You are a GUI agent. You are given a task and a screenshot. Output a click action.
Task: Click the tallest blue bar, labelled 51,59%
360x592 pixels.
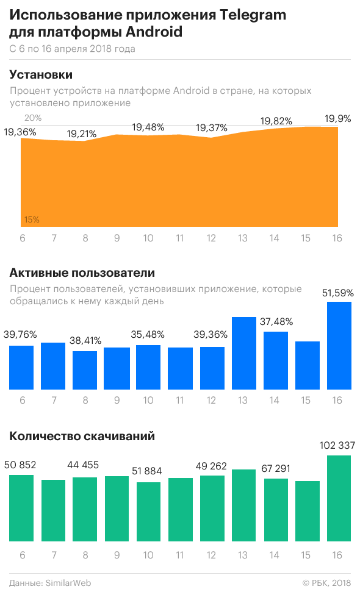coord(339,345)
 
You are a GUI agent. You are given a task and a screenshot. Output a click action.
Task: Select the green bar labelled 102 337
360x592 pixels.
coord(339,498)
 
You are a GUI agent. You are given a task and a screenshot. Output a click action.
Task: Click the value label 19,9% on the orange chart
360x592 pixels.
coord(339,118)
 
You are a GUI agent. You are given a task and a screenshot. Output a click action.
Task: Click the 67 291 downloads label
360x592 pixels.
coord(276,468)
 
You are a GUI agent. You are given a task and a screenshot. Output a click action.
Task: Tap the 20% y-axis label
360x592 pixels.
coord(34,118)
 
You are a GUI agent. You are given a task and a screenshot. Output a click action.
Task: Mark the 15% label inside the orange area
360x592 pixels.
coord(32,219)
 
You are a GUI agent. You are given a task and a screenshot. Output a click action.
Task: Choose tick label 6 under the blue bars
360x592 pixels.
coord(22,401)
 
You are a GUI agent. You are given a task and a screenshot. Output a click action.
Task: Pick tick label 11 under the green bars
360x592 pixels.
coord(180,555)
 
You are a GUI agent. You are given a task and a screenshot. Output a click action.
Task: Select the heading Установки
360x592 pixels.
coord(41,74)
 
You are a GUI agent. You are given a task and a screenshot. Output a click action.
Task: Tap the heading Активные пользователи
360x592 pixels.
coord(82,273)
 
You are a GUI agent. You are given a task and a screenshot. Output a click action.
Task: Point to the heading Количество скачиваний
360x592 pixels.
coord(82,436)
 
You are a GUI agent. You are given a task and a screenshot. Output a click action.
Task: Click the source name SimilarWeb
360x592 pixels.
coord(68,582)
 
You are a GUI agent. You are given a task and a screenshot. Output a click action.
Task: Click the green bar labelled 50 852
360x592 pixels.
coord(21,507)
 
